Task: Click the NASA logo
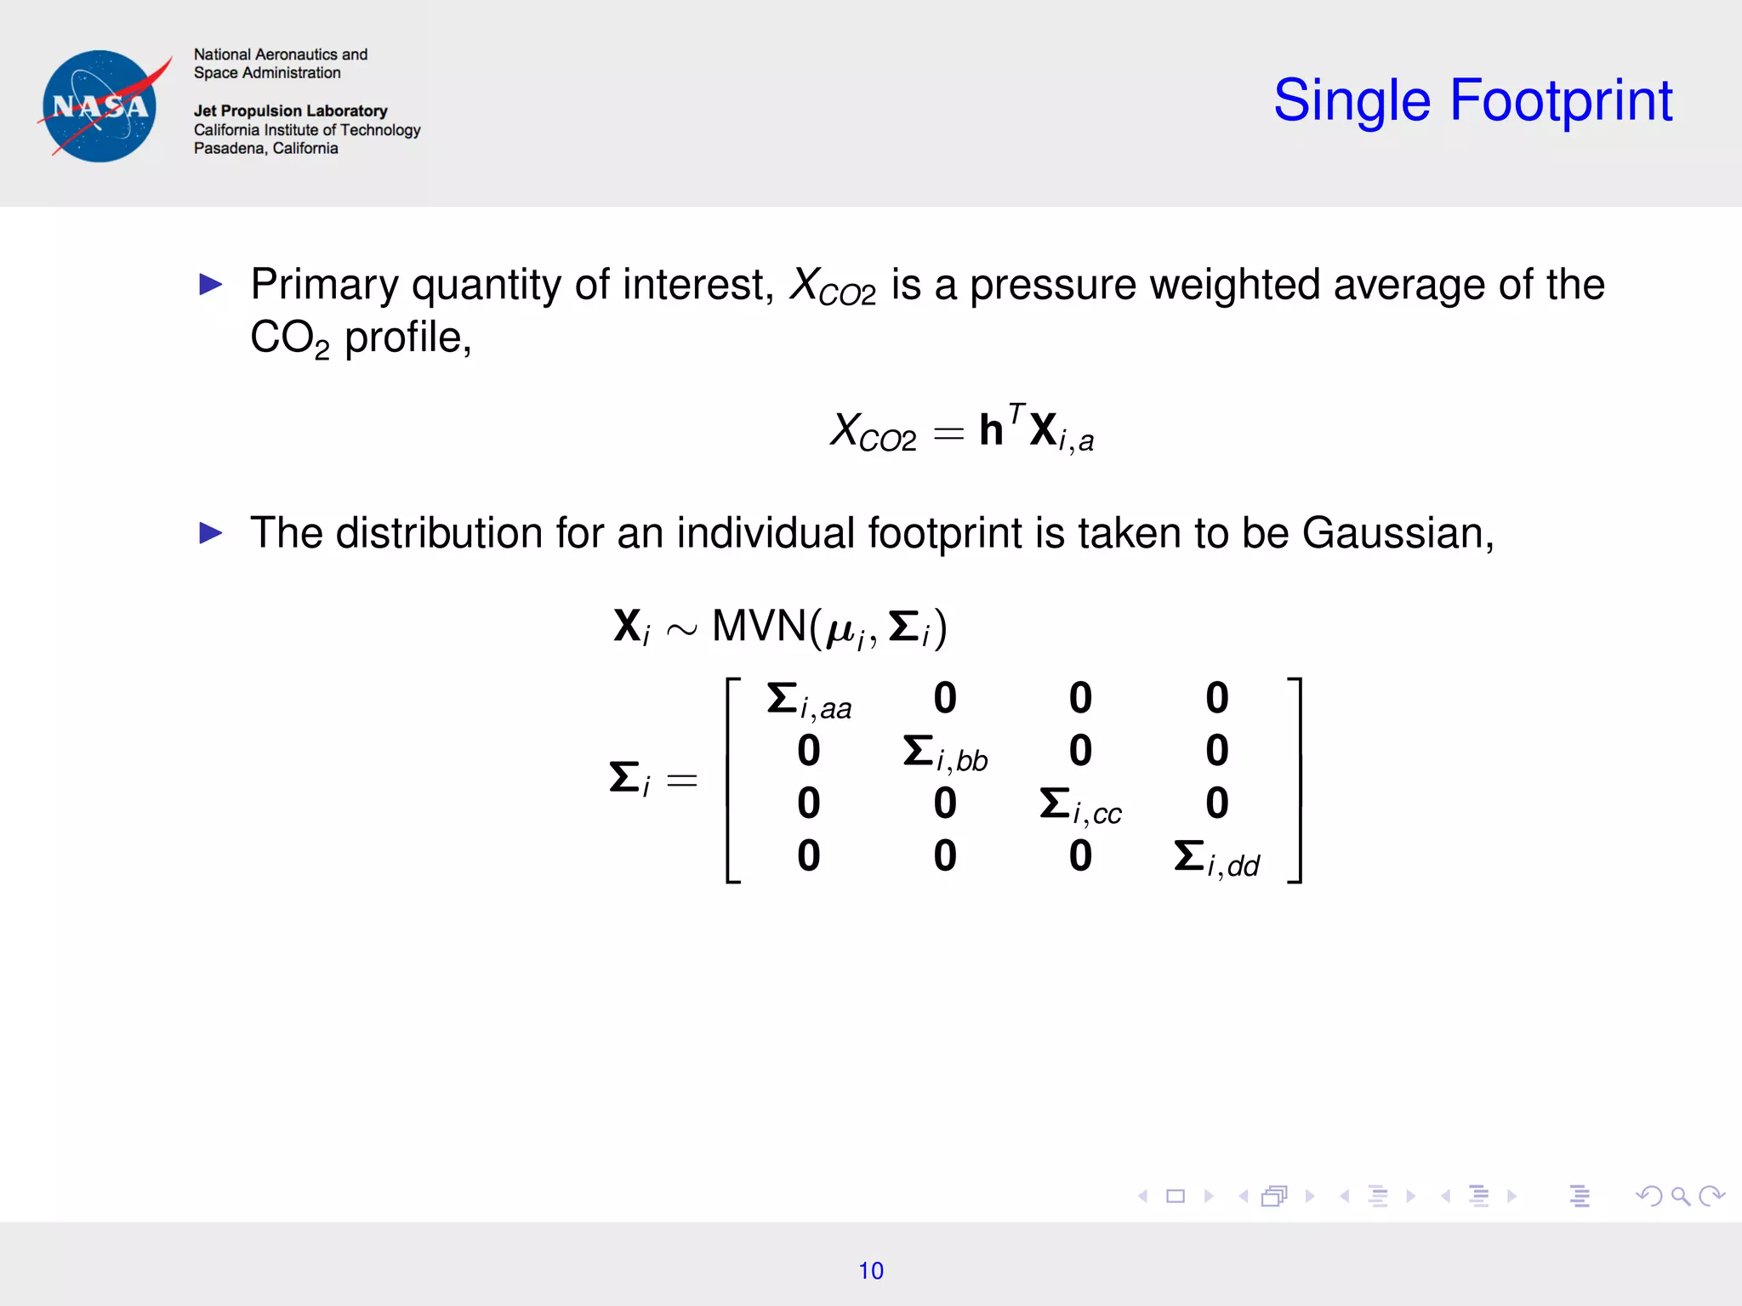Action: pyautogui.click(x=100, y=106)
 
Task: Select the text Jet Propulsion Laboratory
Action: pyautogui.click(x=290, y=111)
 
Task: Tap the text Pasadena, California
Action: pyautogui.click(x=265, y=148)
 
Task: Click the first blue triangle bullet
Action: pyautogui.click(x=210, y=284)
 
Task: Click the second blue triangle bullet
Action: pyautogui.click(x=210, y=533)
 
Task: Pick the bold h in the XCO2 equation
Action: pyautogui.click(x=991, y=429)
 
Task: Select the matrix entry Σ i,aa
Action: pyautogui.click(x=808, y=701)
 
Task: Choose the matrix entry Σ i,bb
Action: pyautogui.click(x=944, y=753)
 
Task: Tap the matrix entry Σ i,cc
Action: pyautogui.click(x=1079, y=805)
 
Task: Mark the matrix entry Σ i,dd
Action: pyautogui.click(x=1215, y=858)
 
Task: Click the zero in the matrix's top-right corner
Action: pyautogui.click(x=1216, y=698)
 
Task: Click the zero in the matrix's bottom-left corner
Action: pyautogui.click(x=808, y=855)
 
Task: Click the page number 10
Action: pyautogui.click(x=870, y=1270)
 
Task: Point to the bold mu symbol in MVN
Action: pyautogui.click(x=840, y=630)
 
